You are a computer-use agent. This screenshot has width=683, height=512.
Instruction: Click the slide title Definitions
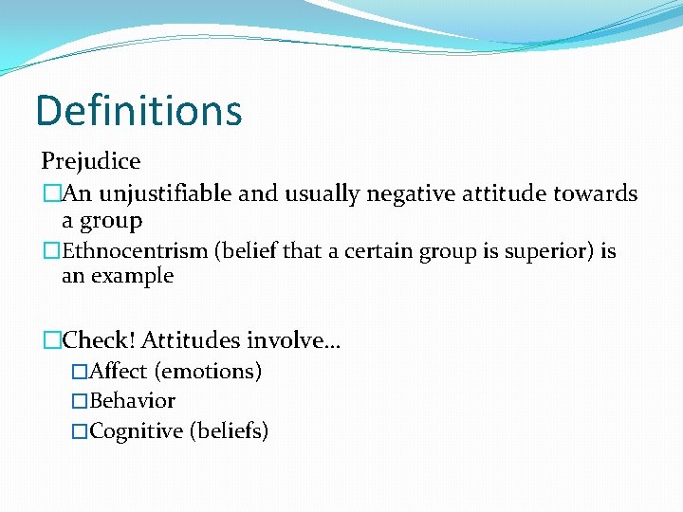[138, 111]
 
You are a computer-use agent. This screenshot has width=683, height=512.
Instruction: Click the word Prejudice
[90, 162]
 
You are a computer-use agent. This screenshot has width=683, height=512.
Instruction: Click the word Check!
[99, 339]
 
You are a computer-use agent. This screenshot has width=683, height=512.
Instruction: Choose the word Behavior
[132, 401]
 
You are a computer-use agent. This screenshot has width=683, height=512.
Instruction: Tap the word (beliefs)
[230, 431]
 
